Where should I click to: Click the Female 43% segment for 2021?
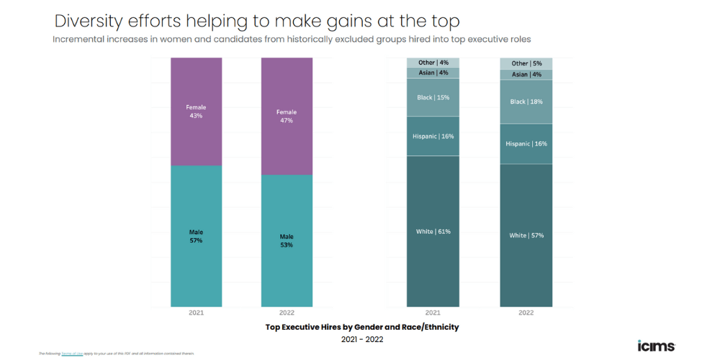point(196,112)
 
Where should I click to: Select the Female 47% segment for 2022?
point(287,116)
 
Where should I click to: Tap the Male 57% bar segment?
point(196,236)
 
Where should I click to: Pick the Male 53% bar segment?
point(287,240)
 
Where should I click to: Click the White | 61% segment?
point(433,231)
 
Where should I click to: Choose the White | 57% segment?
point(526,235)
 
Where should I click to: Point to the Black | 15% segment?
point(433,97)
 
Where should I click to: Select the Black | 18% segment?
point(526,102)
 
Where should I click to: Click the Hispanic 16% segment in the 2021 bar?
point(433,135)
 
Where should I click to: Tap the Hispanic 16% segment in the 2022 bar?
point(526,143)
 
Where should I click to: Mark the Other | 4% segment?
point(433,63)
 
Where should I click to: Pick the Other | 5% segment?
point(526,63)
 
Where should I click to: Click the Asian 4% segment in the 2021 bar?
point(433,73)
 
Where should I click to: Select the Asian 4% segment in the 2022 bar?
point(526,74)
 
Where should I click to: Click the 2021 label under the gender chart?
point(196,313)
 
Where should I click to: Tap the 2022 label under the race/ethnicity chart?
point(526,313)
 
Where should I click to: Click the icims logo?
point(656,346)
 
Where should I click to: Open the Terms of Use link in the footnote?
point(72,354)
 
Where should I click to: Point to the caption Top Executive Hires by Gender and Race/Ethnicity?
point(362,327)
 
